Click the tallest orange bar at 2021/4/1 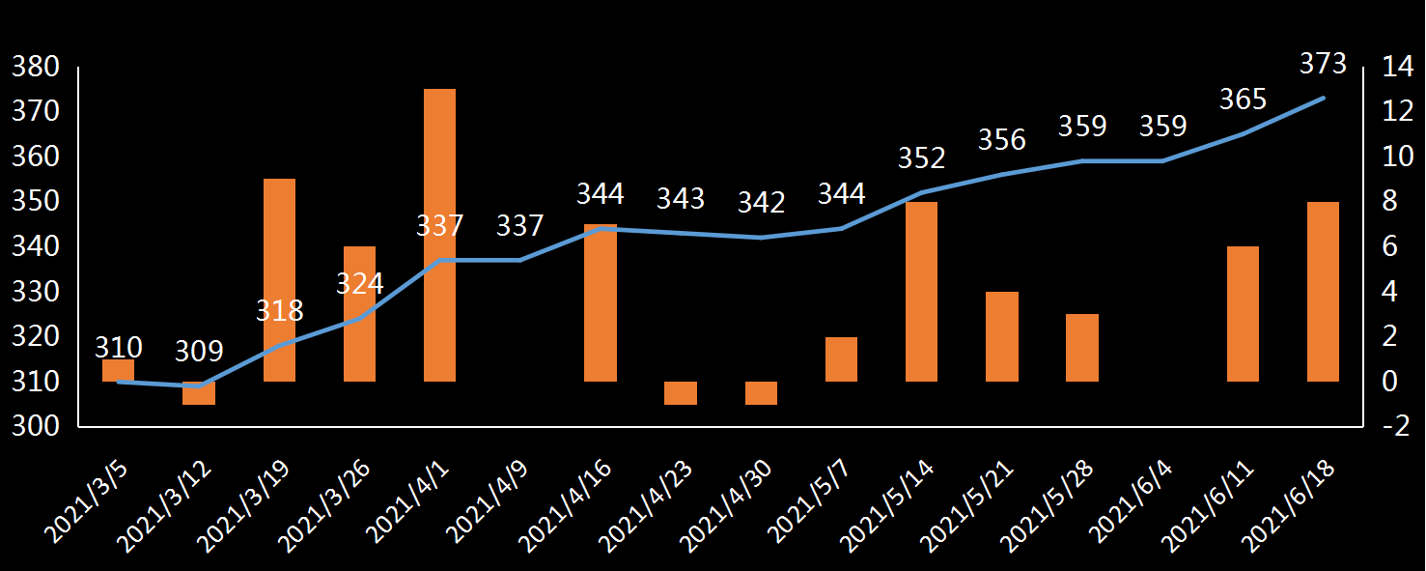pyautogui.click(x=439, y=235)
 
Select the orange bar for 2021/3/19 pyautogui.click(x=279, y=280)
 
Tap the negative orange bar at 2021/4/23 pyautogui.click(x=680, y=393)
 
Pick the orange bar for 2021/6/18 pyautogui.click(x=1323, y=292)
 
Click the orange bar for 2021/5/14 pyautogui.click(x=921, y=292)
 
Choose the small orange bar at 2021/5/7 pyautogui.click(x=841, y=359)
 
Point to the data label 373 pyautogui.click(x=1323, y=64)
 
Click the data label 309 pyautogui.click(x=199, y=351)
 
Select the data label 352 pyautogui.click(x=922, y=157)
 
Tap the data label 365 pyautogui.click(x=1243, y=100)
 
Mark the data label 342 pyautogui.click(x=761, y=203)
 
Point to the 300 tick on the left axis pyautogui.click(x=36, y=427)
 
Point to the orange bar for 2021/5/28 pyautogui.click(x=1081, y=348)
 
